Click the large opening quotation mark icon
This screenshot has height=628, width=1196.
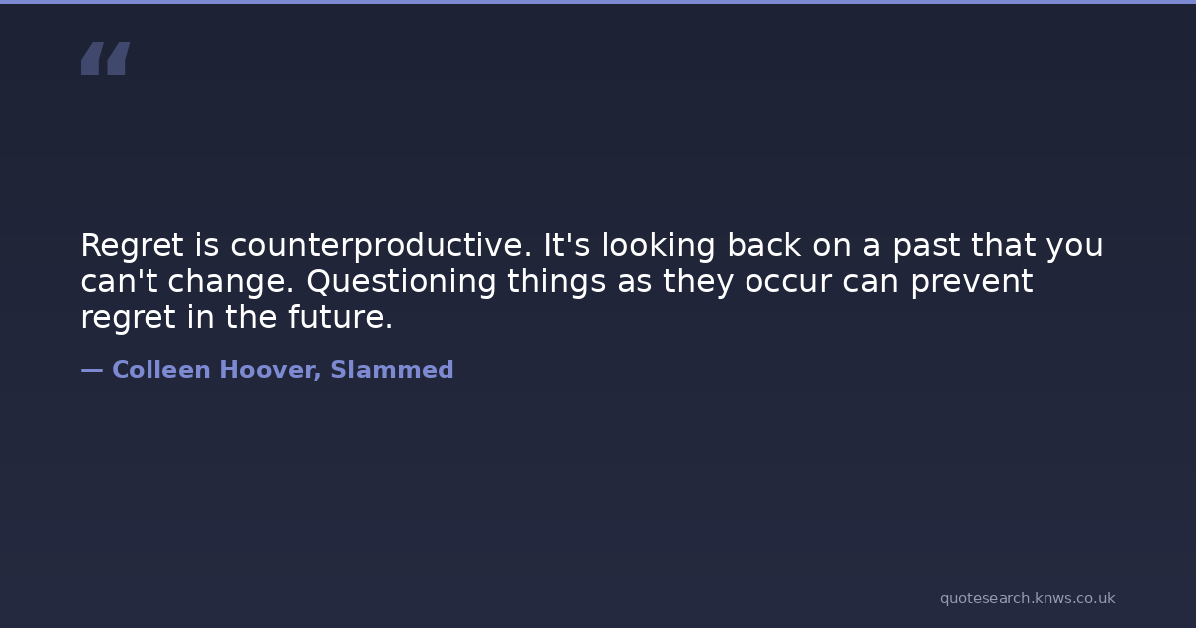pos(106,58)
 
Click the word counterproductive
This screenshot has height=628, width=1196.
pos(381,245)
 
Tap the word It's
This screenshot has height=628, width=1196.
pos(566,245)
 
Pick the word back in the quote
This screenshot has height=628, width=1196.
pos(763,245)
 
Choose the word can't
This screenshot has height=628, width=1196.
pos(119,281)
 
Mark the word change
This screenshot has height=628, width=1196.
pos(231,282)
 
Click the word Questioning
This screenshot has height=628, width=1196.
pos(402,281)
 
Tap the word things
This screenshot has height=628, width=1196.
pos(556,282)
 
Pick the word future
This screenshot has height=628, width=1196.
pos(340,317)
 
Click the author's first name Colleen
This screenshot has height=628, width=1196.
pos(161,370)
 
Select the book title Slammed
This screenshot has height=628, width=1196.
pos(392,370)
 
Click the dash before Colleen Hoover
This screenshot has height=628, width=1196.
pos(92,370)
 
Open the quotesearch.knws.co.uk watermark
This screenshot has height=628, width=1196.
pos(1028,599)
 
